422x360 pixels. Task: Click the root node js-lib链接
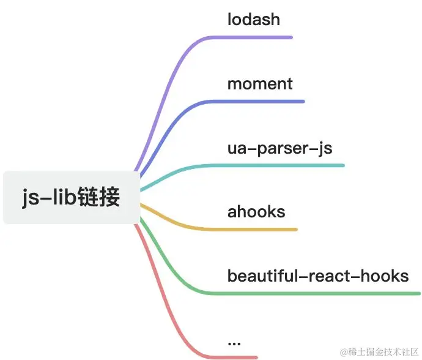71,198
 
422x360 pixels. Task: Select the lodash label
254,20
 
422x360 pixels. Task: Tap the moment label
260,84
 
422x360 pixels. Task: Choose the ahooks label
256,212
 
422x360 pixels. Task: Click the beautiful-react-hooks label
318,276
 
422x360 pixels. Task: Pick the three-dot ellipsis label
234,342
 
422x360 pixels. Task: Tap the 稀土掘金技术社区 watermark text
379,351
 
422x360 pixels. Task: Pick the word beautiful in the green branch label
262,276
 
